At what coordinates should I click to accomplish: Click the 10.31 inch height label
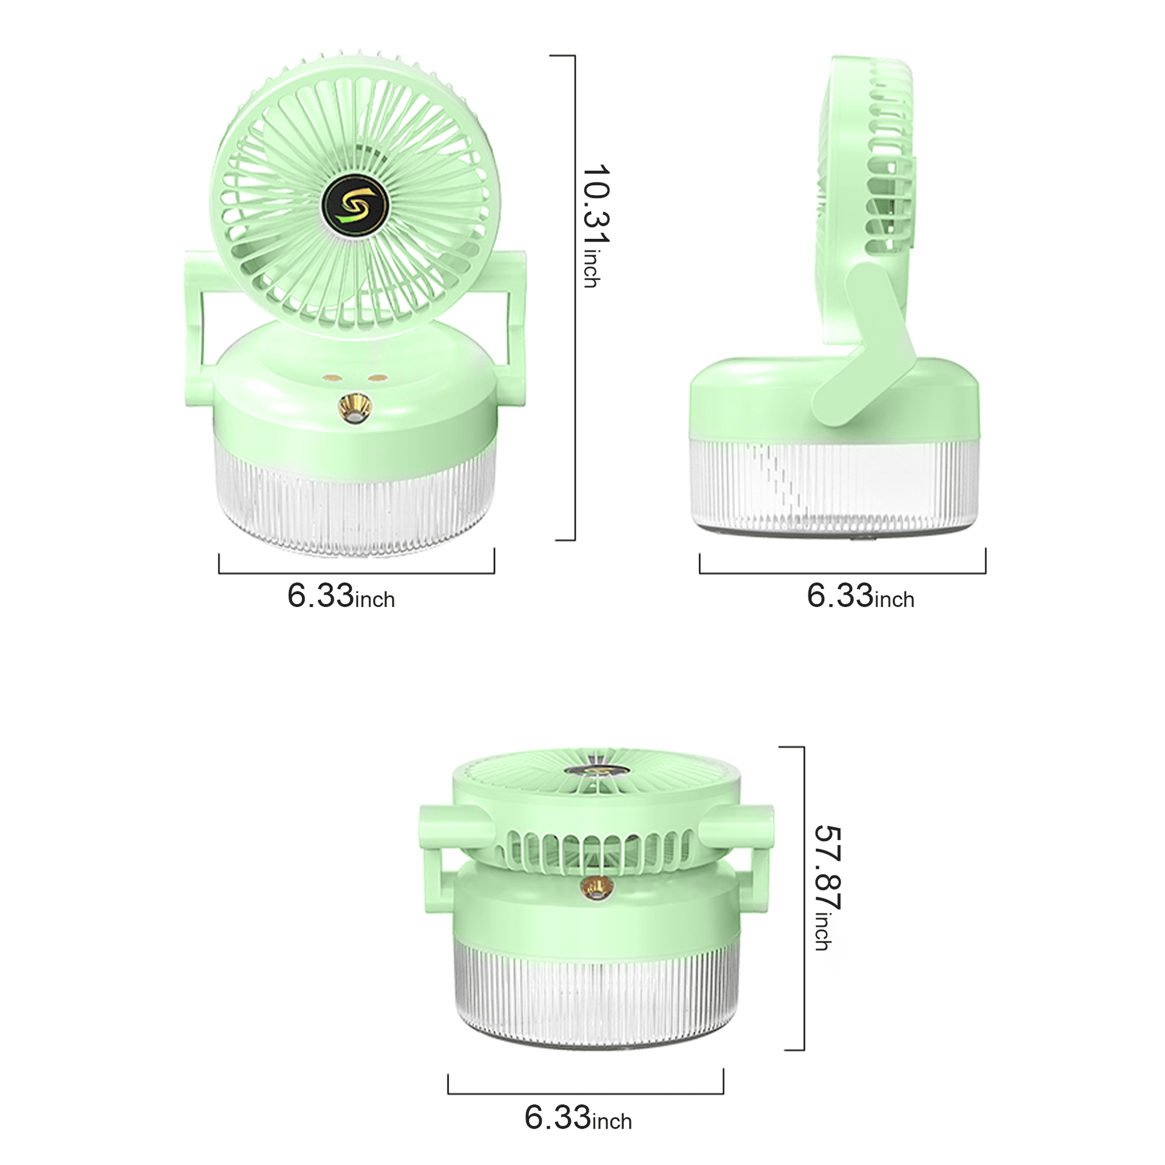click(x=596, y=226)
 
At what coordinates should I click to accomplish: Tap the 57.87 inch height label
click(x=828, y=888)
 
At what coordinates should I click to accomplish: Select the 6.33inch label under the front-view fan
click(x=341, y=596)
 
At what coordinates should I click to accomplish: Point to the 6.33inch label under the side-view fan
click(x=860, y=596)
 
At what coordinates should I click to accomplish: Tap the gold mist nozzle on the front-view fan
click(x=354, y=408)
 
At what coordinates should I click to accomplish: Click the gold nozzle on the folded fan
click(x=596, y=888)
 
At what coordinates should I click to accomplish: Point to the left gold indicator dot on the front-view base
click(x=332, y=379)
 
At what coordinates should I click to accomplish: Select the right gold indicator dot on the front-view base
click(x=378, y=378)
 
